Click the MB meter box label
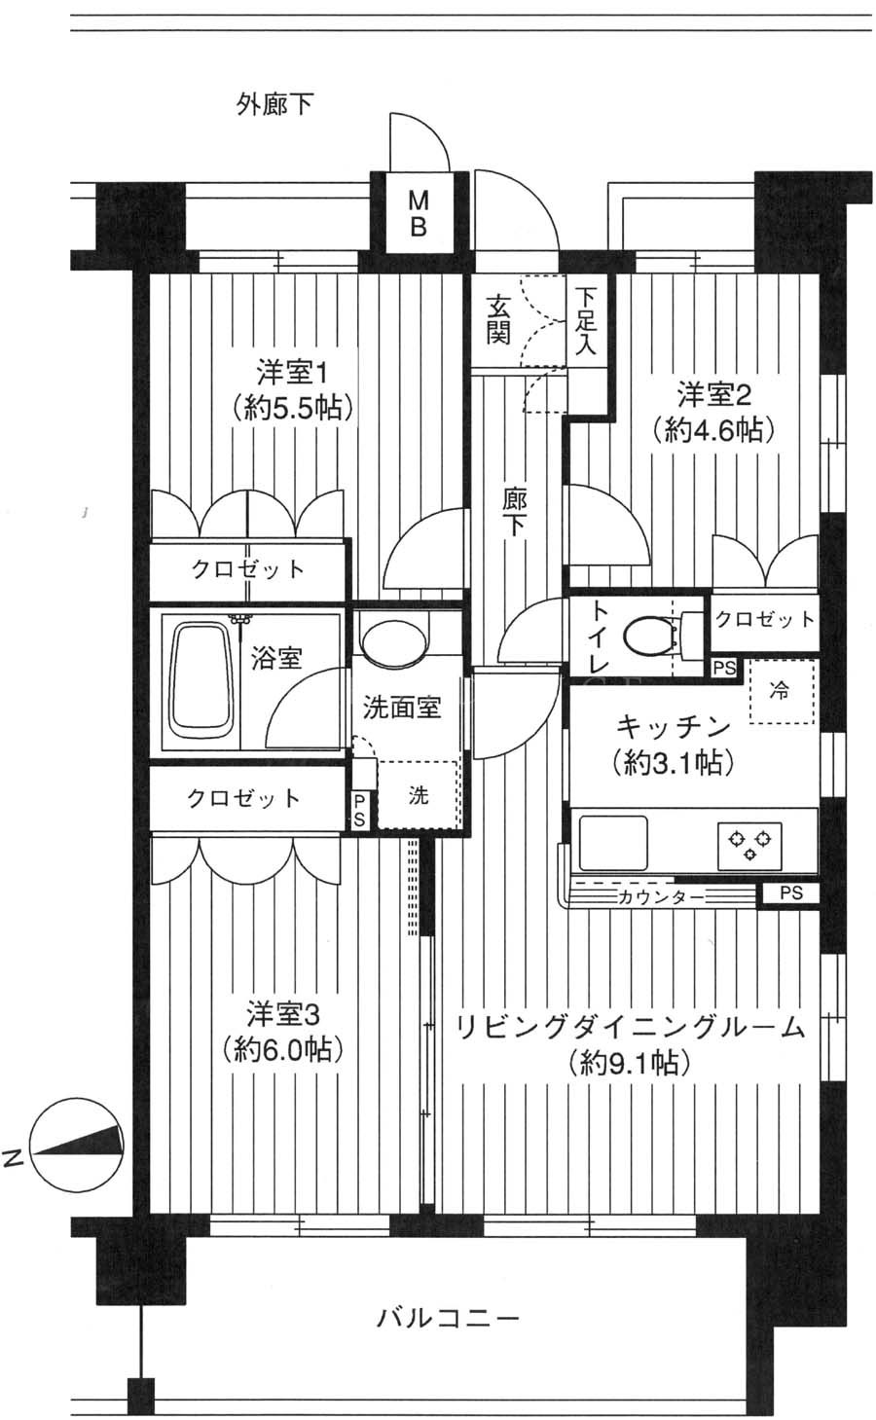click(419, 214)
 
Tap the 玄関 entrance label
click(498, 319)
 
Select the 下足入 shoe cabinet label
click(586, 321)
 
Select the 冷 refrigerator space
click(782, 692)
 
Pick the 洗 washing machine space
click(419, 795)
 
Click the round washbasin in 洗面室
click(392, 641)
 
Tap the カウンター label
click(661, 897)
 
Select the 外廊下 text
click(275, 104)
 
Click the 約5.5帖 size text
click(292, 408)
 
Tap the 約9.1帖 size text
click(630, 1063)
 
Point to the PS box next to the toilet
click(724, 669)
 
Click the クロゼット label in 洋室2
click(764, 619)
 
